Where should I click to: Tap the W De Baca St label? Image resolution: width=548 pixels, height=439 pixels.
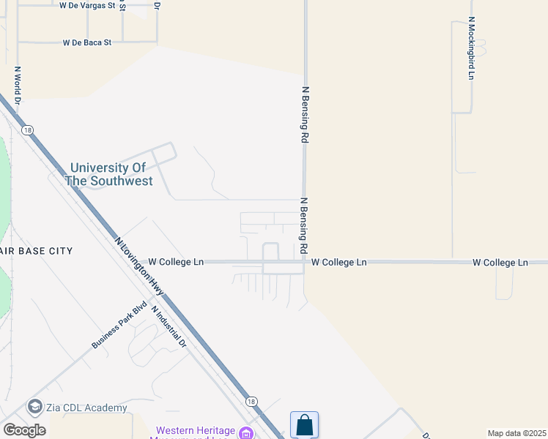[87, 42]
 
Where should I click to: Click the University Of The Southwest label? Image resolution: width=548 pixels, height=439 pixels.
[108, 174]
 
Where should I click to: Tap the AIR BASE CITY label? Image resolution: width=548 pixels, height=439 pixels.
[37, 251]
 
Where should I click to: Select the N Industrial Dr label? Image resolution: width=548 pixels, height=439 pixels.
[170, 326]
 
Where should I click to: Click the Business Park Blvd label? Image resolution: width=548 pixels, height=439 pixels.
[115, 326]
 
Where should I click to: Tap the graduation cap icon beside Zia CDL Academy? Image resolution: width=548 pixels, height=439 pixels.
[34, 407]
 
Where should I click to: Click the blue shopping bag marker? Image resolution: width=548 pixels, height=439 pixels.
[304, 425]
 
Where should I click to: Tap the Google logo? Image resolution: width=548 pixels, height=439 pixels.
[24, 429]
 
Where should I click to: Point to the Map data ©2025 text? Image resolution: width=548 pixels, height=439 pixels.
[516, 433]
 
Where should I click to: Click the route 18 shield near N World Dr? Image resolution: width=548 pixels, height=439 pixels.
[27, 130]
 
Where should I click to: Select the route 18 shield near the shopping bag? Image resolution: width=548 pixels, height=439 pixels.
[251, 402]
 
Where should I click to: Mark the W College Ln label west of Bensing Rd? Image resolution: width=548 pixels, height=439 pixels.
[176, 261]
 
